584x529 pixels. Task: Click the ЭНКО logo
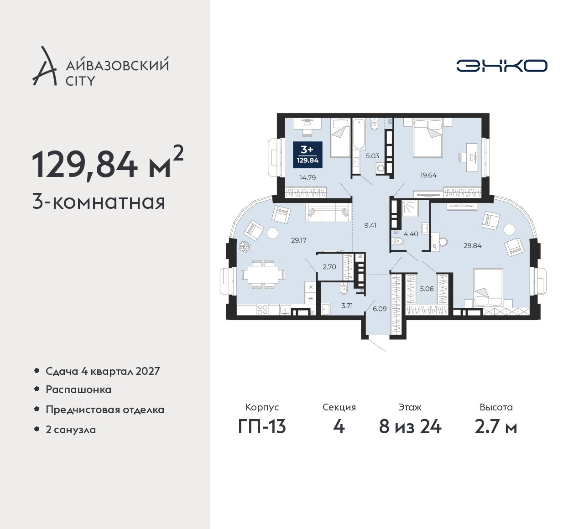point(501,66)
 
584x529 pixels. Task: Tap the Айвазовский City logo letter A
point(44,66)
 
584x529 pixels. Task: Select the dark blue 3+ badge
point(308,155)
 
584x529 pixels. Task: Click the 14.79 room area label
point(308,177)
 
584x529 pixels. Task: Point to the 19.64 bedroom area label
point(428,175)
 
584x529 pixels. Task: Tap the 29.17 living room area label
point(299,240)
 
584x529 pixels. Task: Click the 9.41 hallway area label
point(370,225)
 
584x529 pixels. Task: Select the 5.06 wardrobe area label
point(427,289)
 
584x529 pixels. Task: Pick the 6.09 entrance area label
point(380,309)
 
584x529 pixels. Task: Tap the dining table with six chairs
point(263,275)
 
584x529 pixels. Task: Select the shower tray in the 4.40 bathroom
point(410,208)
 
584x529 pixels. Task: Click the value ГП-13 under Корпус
point(262,427)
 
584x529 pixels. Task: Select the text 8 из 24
point(410,427)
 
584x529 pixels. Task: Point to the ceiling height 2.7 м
point(496,427)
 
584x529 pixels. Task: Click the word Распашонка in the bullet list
point(78,389)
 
